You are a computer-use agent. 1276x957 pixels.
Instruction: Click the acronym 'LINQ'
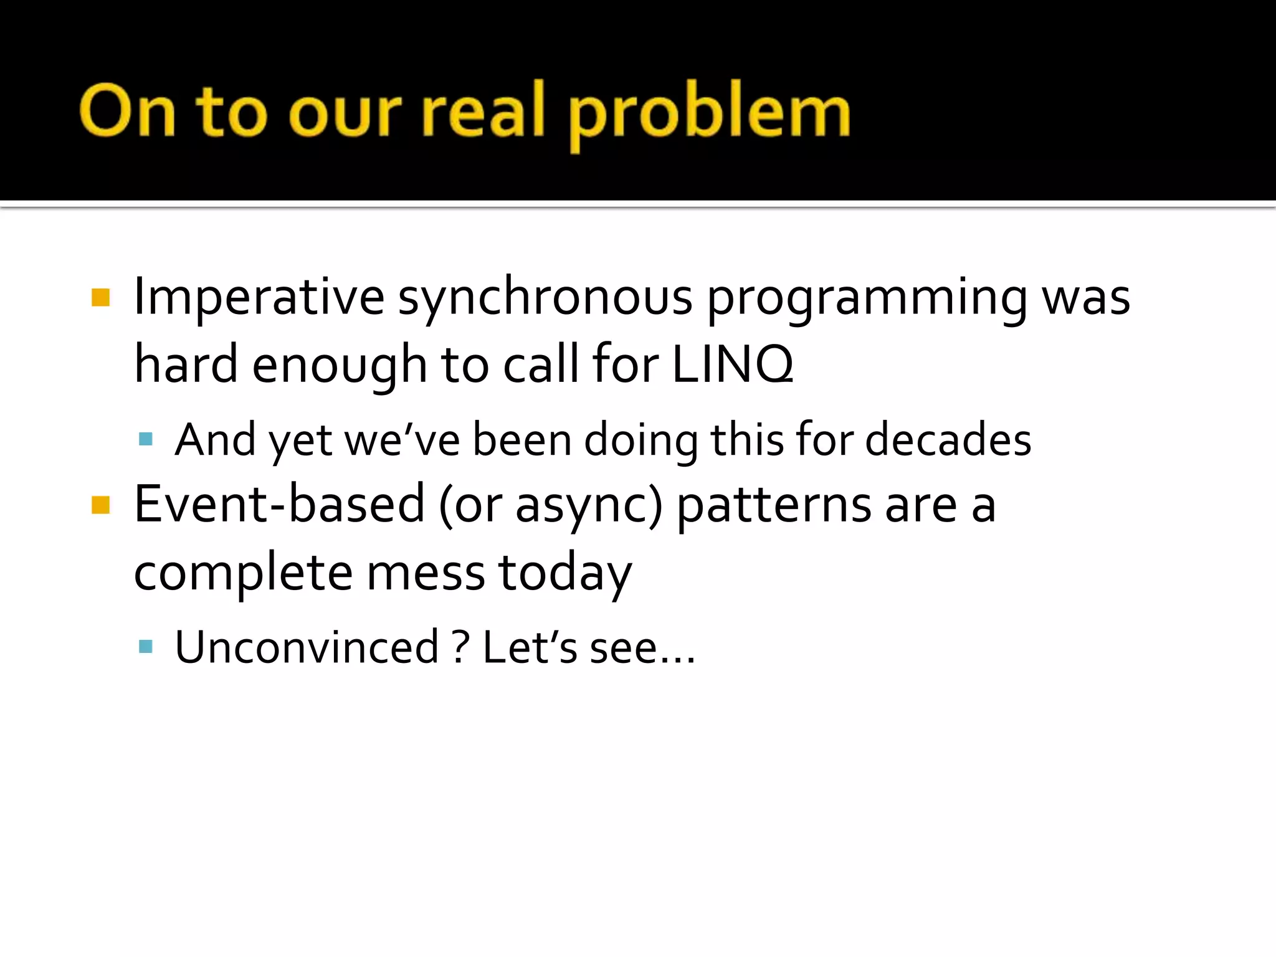[733, 364]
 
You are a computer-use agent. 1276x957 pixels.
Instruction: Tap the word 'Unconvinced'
[307, 648]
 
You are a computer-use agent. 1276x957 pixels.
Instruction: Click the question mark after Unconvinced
[460, 648]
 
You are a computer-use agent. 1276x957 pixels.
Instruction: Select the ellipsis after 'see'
[678, 659]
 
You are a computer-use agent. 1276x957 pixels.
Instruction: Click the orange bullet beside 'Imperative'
[100, 298]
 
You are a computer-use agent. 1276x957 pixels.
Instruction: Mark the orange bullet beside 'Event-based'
[100, 505]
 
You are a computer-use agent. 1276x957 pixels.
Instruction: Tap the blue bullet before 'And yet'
[146, 440]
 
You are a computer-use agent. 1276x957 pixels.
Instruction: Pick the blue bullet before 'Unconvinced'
[146, 647]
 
